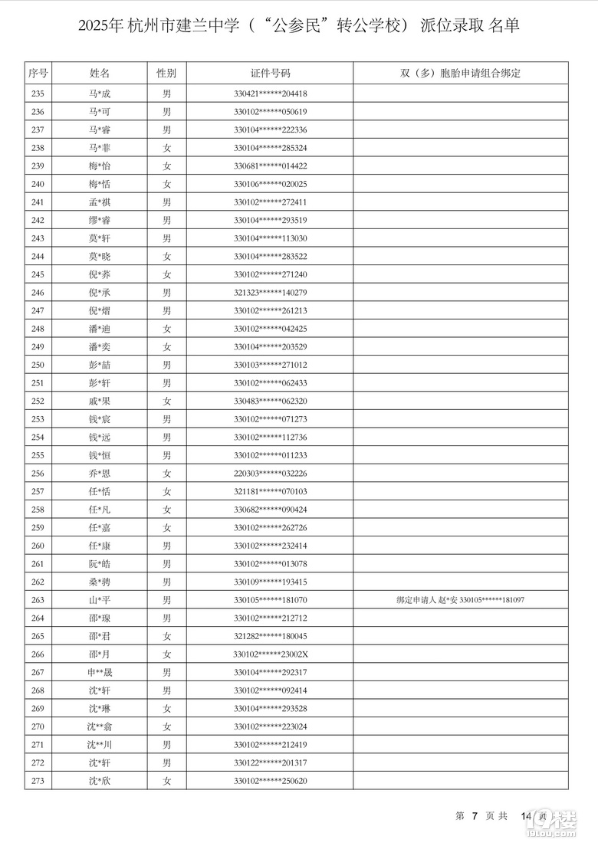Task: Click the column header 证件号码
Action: [270, 74]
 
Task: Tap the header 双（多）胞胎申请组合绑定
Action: [460, 74]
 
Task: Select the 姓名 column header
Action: [100, 74]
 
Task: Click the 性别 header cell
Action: [166, 74]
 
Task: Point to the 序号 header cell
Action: [38, 74]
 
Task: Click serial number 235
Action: [38, 93]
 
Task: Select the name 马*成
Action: [100, 93]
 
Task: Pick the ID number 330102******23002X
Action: [270, 654]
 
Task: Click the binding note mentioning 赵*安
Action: [460, 600]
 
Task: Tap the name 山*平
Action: [100, 600]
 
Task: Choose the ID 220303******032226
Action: [270, 473]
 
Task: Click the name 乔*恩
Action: [100, 473]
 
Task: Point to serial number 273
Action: [38, 780]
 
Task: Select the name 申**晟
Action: [100, 672]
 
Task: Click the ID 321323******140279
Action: [270, 292]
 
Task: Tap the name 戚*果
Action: [100, 401]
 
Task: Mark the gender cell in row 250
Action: [166, 365]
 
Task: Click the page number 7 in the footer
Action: [475, 816]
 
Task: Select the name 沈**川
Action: [100, 744]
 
